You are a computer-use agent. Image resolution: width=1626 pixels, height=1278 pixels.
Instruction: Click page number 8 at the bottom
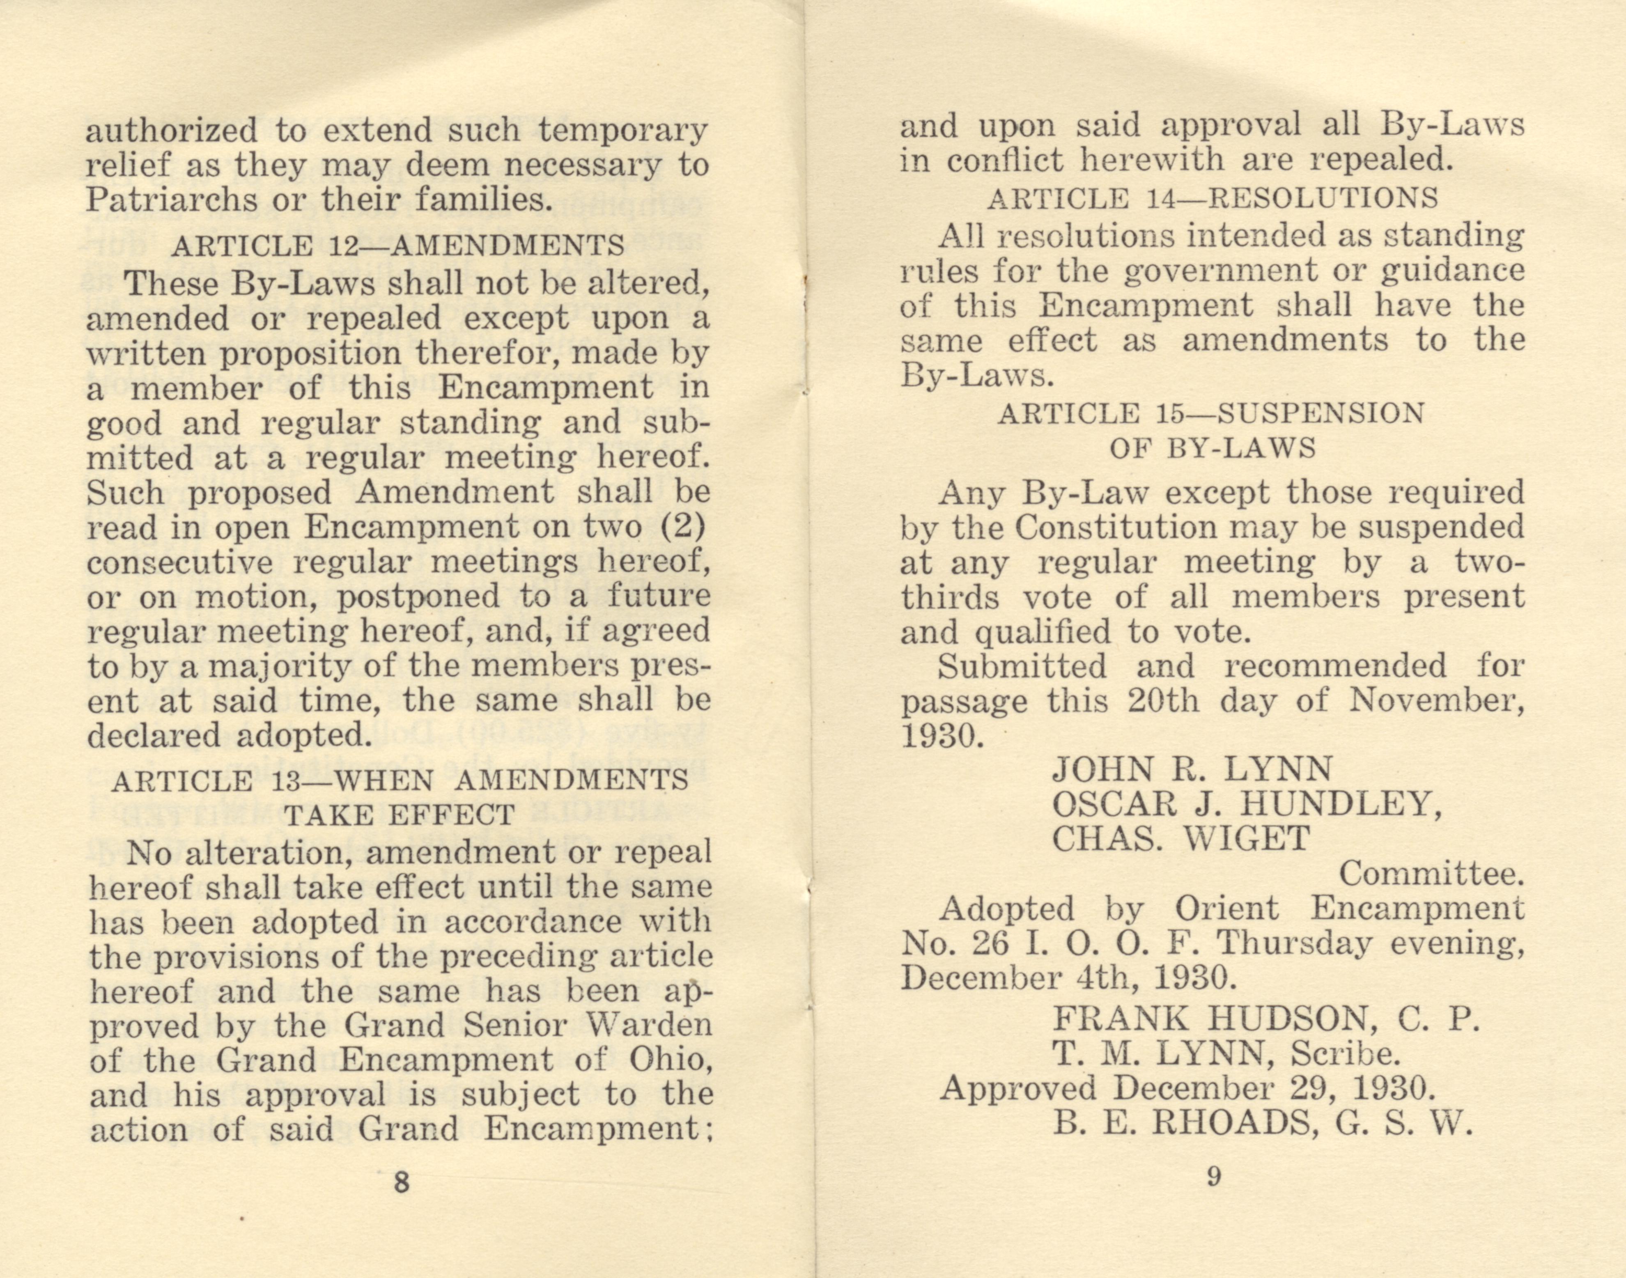(401, 1183)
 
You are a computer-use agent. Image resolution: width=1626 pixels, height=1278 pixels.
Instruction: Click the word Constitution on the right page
(1116, 528)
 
